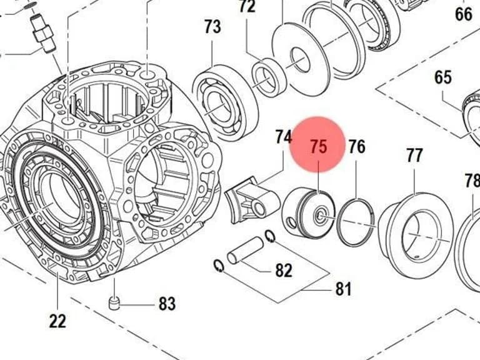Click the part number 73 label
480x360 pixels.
coord(212,27)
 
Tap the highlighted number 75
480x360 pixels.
coord(319,147)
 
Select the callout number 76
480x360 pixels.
coord(357,147)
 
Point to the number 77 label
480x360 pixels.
coord(415,156)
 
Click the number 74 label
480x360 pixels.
coord(284,137)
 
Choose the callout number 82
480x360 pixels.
coord(284,270)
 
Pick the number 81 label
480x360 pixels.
coord(343,289)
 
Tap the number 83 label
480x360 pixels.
coord(167,304)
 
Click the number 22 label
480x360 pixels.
coord(57,321)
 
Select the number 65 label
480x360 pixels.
coord(443,77)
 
